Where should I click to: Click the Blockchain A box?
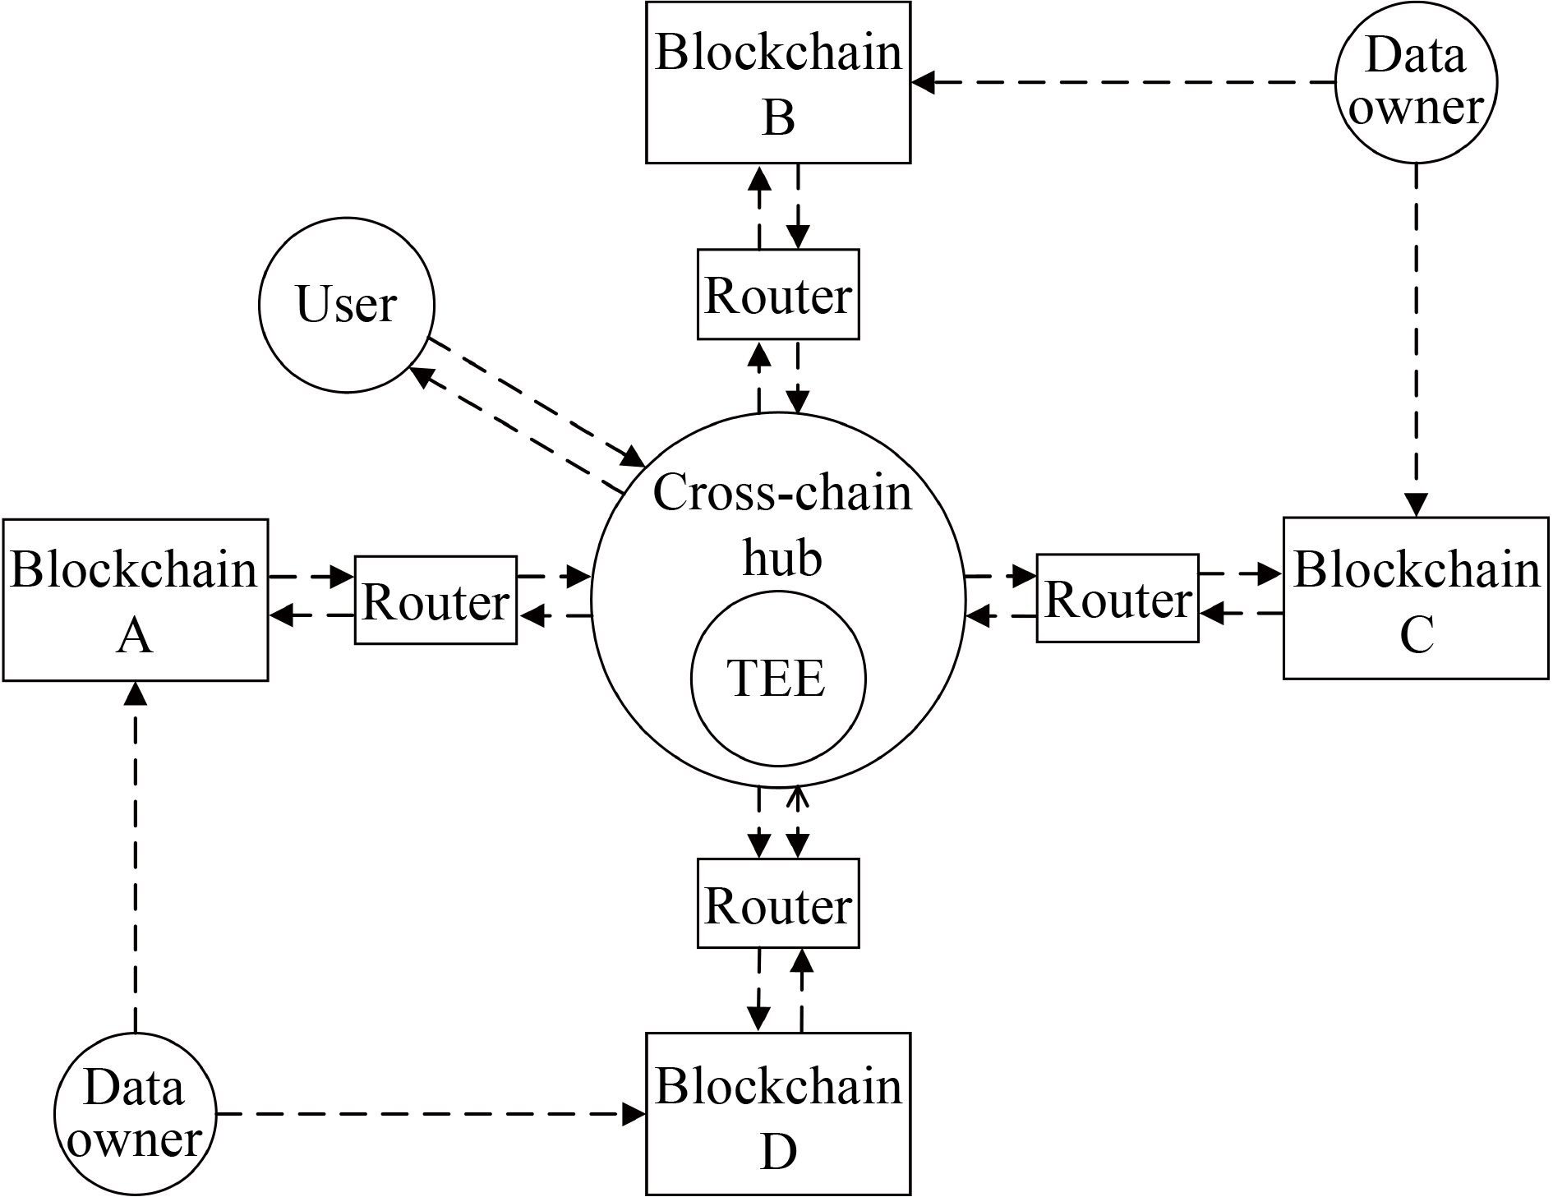pos(136,600)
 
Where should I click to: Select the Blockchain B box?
pos(778,82)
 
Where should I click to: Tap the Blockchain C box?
pos(1416,598)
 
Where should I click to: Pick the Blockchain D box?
pos(778,1113)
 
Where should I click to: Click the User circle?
pos(346,305)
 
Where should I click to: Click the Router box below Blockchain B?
pos(778,294)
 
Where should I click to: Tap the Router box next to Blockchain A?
pos(435,600)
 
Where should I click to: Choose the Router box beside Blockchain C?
pos(1118,598)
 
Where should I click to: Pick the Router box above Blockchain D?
pos(778,904)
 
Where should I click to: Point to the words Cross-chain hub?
pos(782,526)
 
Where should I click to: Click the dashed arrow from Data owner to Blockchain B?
pos(1126,82)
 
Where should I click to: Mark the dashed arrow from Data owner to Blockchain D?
pos(427,1114)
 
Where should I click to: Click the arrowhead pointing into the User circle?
pos(421,375)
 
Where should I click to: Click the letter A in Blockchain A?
pos(135,636)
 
